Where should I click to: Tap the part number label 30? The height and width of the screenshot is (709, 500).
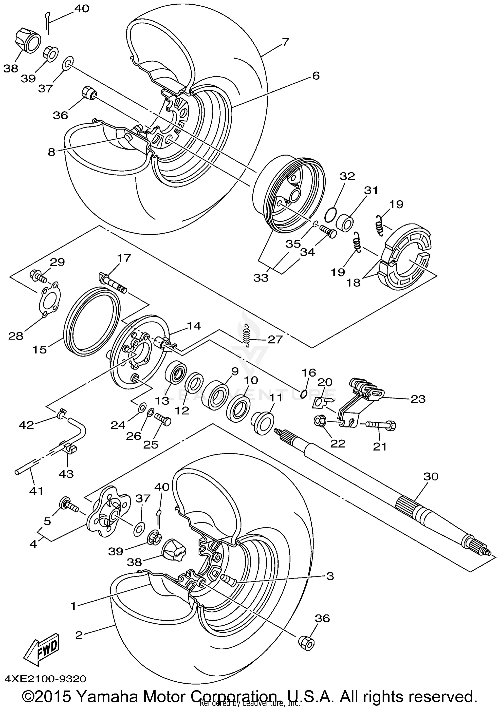[431, 476]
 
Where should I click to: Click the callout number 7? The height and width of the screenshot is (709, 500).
[285, 42]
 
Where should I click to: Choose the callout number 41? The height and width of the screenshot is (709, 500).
[36, 491]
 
